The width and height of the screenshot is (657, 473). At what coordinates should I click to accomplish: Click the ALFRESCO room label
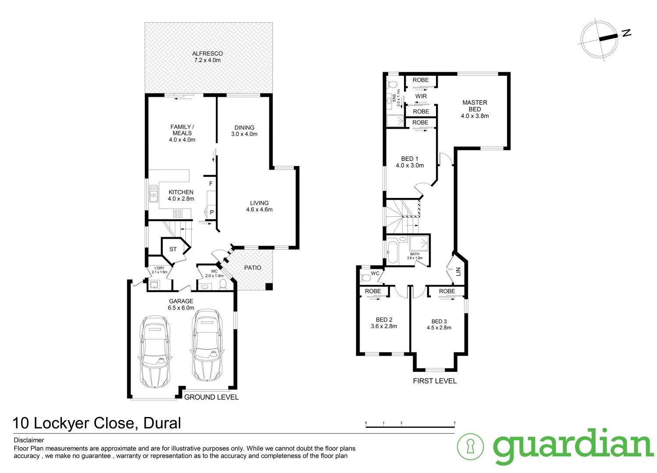pyautogui.click(x=207, y=53)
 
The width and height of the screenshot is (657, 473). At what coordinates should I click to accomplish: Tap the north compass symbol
pyautogui.click(x=600, y=39)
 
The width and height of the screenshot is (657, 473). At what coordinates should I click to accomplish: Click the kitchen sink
pyautogui.click(x=154, y=194)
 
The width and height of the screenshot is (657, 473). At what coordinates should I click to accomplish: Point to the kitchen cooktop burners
pyautogui.click(x=178, y=214)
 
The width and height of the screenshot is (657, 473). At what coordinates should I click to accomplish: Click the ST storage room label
pyautogui.click(x=173, y=249)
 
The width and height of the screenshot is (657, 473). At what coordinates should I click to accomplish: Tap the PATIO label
pyautogui.click(x=253, y=268)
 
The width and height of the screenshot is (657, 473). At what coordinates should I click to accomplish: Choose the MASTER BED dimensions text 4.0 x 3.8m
pyautogui.click(x=475, y=116)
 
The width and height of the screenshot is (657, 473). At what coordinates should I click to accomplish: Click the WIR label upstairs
pyautogui.click(x=421, y=96)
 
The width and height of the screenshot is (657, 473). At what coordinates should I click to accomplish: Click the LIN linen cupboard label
pyautogui.click(x=458, y=272)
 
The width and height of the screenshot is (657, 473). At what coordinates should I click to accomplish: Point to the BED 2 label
pyautogui.click(x=384, y=320)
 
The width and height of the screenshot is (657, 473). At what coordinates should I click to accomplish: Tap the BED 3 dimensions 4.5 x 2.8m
pyautogui.click(x=439, y=328)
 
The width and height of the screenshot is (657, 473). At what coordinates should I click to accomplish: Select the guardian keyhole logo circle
pyautogui.click(x=470, y=446)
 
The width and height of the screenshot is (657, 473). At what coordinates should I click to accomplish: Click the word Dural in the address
pyautogui.click(x=162, y=423)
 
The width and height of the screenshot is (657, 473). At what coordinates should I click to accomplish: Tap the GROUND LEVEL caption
pyautogui.click(x=211, y=397)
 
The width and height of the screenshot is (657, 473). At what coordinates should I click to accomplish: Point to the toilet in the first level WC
pyautogui.click(x=365, y=277)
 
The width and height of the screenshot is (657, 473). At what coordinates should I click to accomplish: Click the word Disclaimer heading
pyautogui.click(x=29, y=440)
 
